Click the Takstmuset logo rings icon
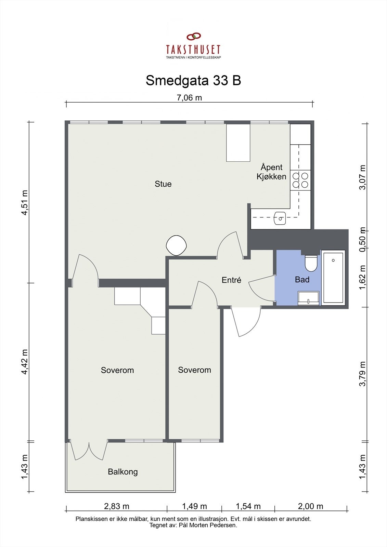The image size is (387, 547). pyautogui.click(x=194, y=36)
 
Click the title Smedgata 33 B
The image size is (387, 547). pyautogui.click(x=193, y=80)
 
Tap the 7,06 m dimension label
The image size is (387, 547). pyautogui.click(x=189, y=98)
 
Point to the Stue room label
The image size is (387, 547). pyautogui.click(x=163, y=184)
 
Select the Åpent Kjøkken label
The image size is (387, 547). pyautogui.click(x=271, y=172)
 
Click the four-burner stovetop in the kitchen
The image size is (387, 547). pyautogui.click(x=300, y=180)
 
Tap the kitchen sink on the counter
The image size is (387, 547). pyautogui.click(x=280, y=218)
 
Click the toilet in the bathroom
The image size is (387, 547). pyautogui.click(x=311, y=263)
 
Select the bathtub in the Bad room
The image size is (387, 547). pyautogui.click(x=333, y=278)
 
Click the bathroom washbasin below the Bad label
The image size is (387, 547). pyautogui.click(x=309, y=298)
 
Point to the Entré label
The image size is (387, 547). pyautogui.click(x=231, y=280)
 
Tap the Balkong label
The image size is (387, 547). pyautogui.click(x=123, y=472)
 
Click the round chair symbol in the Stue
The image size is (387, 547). pyautogui.click(x=176, y=245)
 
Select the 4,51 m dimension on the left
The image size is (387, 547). pyautogui.click(x=25, y=202)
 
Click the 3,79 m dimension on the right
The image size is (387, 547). pyautogui.click(x=363, y=374)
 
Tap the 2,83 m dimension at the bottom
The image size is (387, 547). pyautogui.click(x=117, y=506)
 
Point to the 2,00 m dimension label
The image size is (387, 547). pyautogui.click(x=310, y=506)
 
